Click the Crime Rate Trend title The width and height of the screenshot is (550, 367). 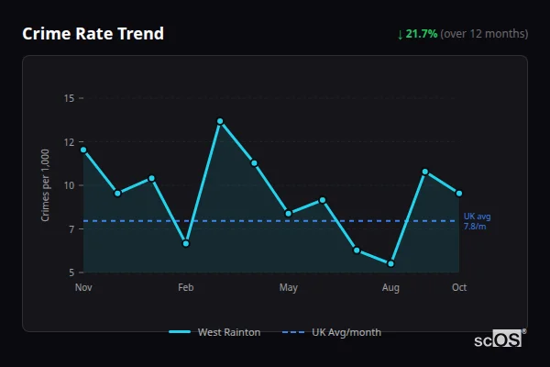tap(93, 34)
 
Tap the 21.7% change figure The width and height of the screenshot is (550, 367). tap(422, 34)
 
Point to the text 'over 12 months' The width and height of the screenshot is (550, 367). tap(485, 34)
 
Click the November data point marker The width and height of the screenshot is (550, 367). tap(83, 150)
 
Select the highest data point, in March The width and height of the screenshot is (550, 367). tap(220, 121)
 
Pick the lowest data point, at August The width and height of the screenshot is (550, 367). tap(391, 263)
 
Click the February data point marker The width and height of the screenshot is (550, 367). tap(186, 243)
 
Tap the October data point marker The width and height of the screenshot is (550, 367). tap(459, 193)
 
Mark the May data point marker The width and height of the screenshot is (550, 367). tap(289, 214)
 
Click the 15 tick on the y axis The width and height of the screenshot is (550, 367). tap(69, 98)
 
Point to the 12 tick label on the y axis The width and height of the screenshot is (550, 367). tap(69, 142)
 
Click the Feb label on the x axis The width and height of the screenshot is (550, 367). tap(186, 287)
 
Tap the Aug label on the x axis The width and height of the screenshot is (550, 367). tap(391, 287)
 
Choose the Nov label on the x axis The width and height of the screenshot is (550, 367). tap(83, 287)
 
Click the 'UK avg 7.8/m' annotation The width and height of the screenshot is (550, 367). tap(477, 221)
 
